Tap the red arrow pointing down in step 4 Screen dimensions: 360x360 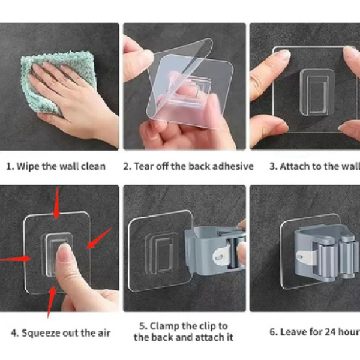point(57,203)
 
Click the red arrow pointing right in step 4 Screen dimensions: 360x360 point(15,259)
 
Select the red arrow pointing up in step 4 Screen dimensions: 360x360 point(52,302)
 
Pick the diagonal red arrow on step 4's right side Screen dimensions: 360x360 point(100,238)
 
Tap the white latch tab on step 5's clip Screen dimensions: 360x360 point(221,256)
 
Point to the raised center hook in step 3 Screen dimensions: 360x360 point(317,92)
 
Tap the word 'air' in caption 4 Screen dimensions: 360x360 point(104,333)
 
